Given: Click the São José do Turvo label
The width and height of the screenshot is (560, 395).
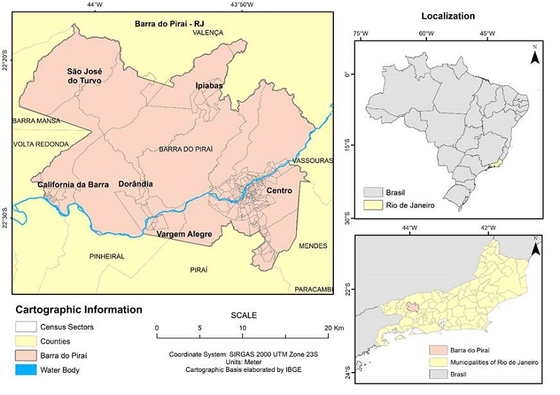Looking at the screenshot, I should click(x=84, y=76).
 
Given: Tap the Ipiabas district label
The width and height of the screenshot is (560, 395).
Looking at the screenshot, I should click(x=209, y=85).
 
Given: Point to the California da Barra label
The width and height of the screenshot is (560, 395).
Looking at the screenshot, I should click(x=73, y=185).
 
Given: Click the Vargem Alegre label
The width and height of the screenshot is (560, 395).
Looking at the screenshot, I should click(x=183, y=234).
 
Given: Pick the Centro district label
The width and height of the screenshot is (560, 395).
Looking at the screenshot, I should click(x=279, y=190).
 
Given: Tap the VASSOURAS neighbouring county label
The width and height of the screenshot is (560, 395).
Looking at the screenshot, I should click(x=312, y=160).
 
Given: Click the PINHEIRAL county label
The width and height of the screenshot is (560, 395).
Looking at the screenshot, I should click(x=107, y=257).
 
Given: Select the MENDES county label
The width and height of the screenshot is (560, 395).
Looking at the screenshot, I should click(x=312, y=246).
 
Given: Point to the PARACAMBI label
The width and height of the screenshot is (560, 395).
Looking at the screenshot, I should click(x=313, y=289).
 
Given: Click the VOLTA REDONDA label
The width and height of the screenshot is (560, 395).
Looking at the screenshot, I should click(x=41, y=144).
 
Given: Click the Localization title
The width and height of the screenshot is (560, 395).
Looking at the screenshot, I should click(x=448, y=15).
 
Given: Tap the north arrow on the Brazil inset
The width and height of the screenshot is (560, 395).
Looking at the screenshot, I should click(x=534, y=55).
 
